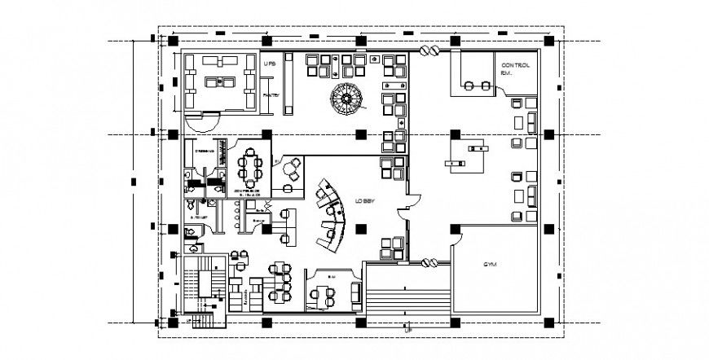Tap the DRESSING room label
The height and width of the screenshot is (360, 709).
coord(203,151)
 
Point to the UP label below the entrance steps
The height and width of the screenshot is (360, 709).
coord(407,330)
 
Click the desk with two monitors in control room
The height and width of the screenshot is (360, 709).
coord(474,83)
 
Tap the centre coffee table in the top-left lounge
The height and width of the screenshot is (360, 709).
coord(217,80)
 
